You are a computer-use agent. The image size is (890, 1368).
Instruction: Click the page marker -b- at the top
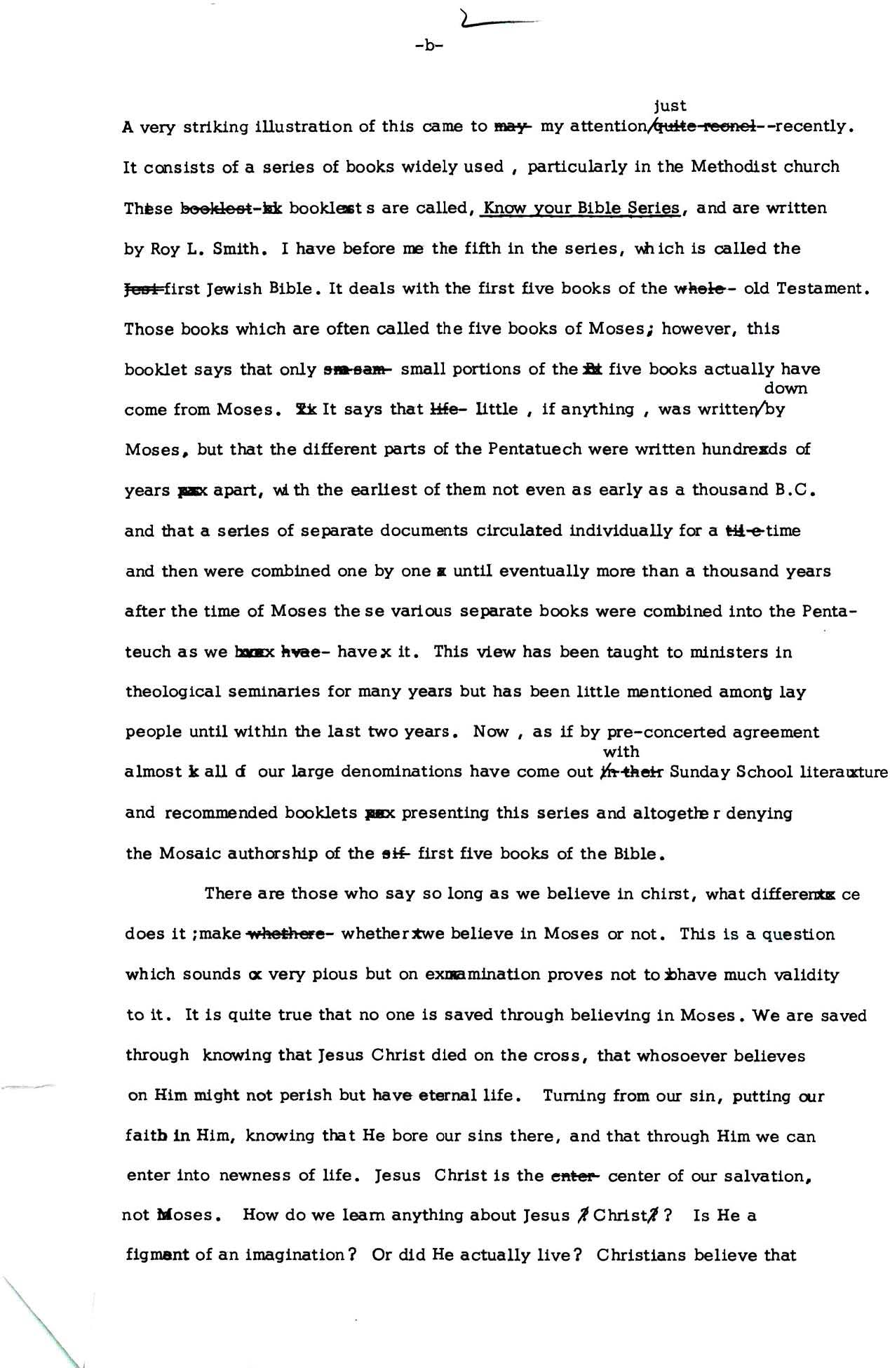point(429,46)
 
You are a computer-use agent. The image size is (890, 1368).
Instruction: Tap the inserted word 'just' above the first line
point(669,106)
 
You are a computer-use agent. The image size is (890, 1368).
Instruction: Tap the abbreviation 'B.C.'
point(795,490)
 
